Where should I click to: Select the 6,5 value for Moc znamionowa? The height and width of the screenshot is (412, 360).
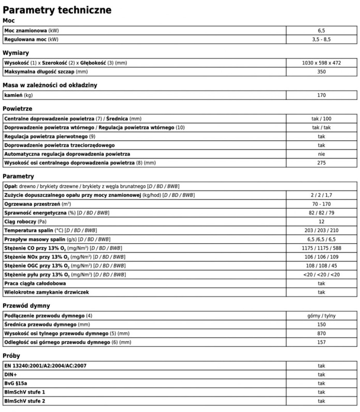coord(321,31)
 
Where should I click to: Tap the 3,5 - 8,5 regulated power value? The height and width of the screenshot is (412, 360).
coord(321,39)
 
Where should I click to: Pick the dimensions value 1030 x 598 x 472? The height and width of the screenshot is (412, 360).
coord(321,63)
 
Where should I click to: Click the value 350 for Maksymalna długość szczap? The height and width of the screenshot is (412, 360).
coord(321,71)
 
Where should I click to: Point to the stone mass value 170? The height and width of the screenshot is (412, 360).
coord(321,95)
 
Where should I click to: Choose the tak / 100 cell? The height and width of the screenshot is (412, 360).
coord(321,119)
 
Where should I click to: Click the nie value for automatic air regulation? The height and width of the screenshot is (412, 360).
coord(321,154)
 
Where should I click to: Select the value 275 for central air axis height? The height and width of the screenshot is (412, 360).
coord(321,163)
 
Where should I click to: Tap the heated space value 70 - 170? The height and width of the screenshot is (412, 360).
coord(321,204)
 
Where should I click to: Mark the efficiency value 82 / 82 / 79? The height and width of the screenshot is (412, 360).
coord(321,213)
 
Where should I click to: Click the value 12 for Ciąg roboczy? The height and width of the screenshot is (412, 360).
coord(321,222)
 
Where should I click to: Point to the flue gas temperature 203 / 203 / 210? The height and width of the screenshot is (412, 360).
coord(321,230)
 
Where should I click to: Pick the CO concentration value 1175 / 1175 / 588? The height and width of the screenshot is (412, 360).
coord(321,248)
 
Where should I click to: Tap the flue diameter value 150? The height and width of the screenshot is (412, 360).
coord(321,325)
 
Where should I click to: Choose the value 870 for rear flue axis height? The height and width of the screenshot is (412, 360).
coord(321,333)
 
